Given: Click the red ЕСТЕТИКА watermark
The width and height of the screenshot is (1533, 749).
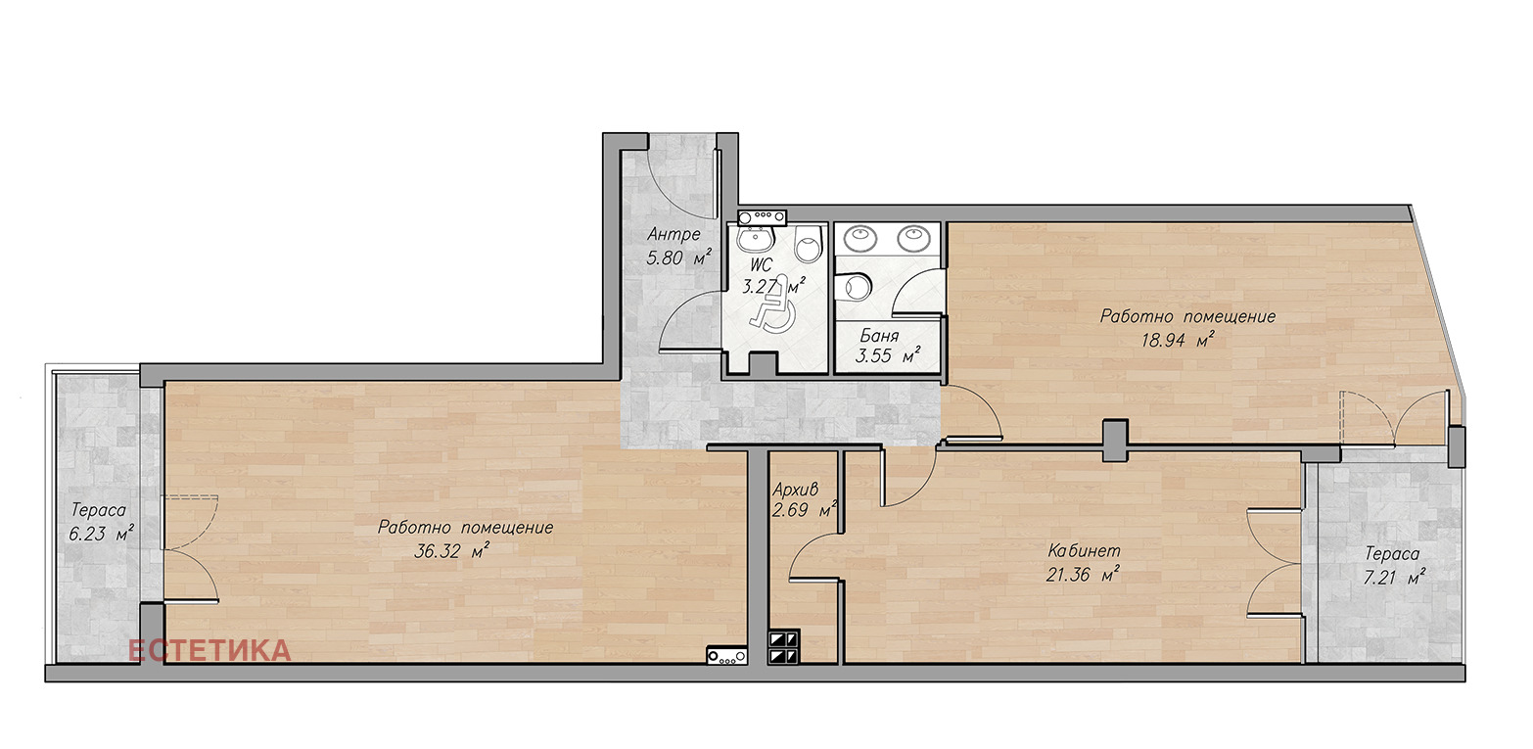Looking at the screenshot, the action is tap(209, 651).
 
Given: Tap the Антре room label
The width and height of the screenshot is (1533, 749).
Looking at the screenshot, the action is tap(674, 235).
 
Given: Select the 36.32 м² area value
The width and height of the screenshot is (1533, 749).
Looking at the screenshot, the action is tap(451, 551).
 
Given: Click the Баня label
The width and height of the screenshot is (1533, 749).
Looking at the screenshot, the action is tap(879, 336).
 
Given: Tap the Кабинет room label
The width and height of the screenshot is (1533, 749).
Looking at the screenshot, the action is tap(1085, 550).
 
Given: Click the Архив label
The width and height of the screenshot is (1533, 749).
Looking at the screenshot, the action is tap(795, 489).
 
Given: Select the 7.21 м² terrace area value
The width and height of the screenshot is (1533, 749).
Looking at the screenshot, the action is tap(1394, 577).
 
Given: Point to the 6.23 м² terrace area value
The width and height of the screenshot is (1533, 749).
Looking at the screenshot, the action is tap(101, 534).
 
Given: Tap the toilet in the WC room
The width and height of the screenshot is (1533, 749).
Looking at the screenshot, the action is tap(809, 245).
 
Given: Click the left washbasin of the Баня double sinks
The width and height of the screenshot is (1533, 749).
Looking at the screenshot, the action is tap(860, 238).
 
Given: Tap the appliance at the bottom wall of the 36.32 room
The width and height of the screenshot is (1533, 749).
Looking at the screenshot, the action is tap(726, 656).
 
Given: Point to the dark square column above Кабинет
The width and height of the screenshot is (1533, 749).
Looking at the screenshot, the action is tap(1115, 441).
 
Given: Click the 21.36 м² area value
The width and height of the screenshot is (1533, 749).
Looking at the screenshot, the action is tap(1083, 574).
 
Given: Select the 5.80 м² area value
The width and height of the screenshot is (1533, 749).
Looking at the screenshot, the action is tap(679, 258).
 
